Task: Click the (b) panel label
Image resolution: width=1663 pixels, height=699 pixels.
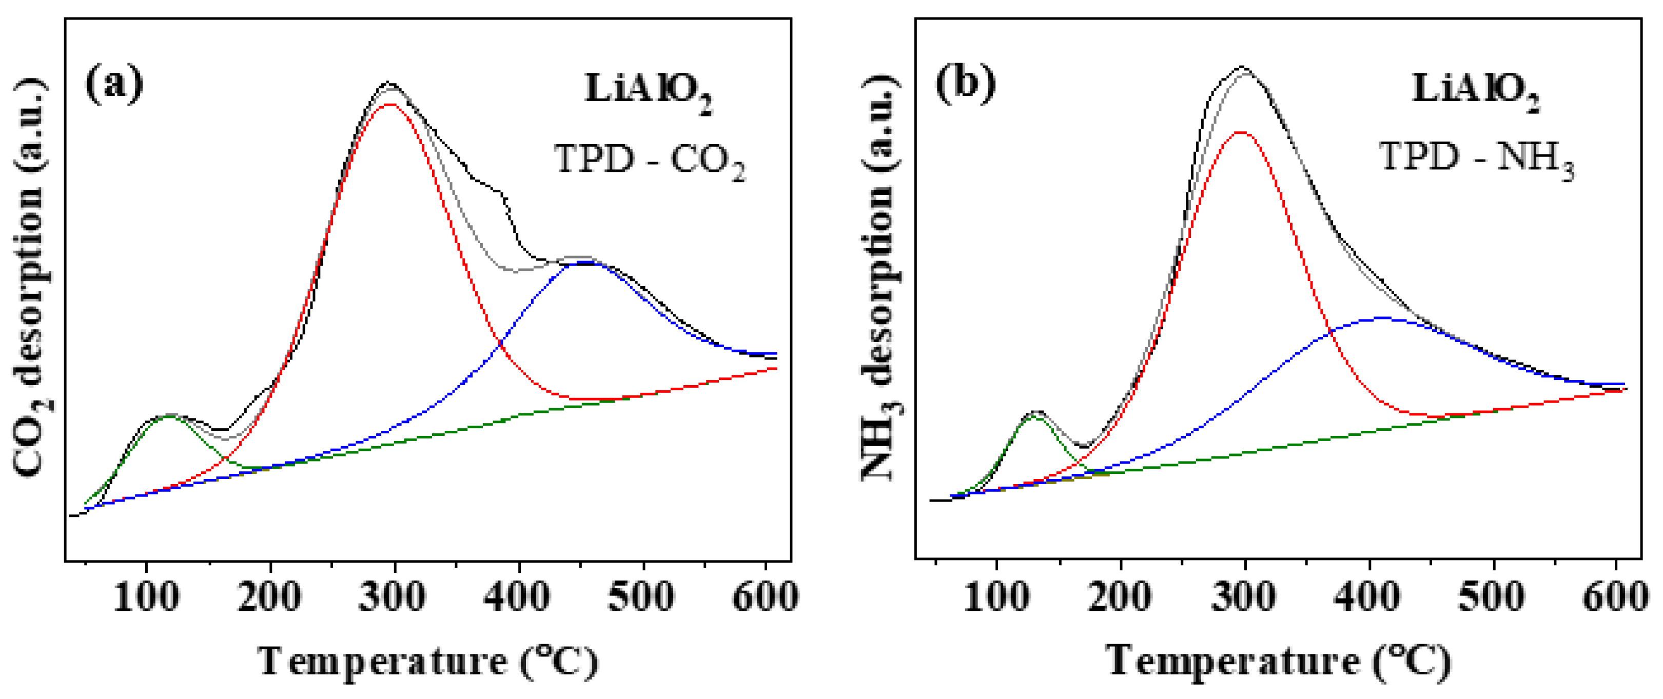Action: point(966,84)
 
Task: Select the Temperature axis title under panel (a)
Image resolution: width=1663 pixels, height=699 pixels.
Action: point(428,662)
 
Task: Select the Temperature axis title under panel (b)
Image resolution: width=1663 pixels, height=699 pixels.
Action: point(1278,662)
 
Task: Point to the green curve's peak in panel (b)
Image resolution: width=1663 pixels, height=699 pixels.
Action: point(1033,416)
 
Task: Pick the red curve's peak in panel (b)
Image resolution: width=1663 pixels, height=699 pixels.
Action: point(1240,132)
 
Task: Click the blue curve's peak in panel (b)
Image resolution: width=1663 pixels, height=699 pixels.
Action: point(1381,318)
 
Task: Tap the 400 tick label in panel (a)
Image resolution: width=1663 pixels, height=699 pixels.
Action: point(517,597)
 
